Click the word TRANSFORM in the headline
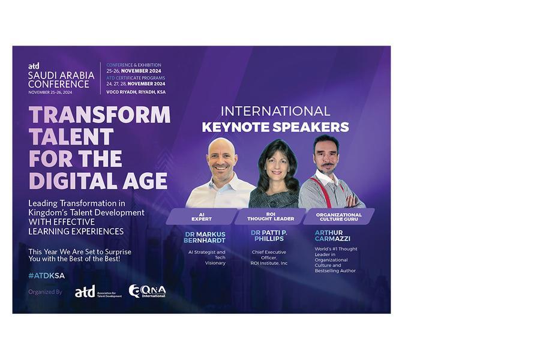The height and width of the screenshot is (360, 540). pos(100,115)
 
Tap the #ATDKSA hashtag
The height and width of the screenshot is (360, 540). pos(46,275)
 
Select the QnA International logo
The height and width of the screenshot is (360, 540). pos(147,291)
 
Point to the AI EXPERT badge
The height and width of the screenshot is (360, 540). pos(202,217)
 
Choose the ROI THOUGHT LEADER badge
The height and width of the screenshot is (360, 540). pos(271,217)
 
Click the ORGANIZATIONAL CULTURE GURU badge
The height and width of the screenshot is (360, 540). pos(339,217)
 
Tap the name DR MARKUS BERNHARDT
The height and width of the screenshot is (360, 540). pos(205,237)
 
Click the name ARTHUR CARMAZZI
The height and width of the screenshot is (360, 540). pos(332,236)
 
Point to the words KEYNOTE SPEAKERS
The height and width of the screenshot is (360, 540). pos(275,127)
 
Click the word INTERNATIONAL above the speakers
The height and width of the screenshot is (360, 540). pos(275,111)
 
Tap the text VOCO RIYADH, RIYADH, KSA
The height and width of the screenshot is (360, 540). pos(136,92)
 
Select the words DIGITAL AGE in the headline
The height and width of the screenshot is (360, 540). pos(98,181)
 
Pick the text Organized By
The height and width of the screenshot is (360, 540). pos(45,292)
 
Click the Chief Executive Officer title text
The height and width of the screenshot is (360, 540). pos(269,257)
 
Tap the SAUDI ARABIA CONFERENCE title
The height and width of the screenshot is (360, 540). pos(61,80)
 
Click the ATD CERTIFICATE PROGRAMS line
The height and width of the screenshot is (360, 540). pos(136,78)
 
